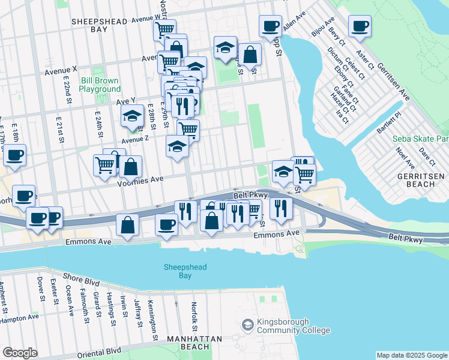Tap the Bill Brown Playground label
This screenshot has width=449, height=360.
100,85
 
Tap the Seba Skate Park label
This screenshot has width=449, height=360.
420,139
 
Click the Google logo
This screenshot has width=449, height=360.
20,353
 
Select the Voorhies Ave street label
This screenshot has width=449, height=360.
142,179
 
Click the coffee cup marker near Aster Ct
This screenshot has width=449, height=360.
360,26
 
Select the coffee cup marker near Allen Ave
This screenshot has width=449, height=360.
270,26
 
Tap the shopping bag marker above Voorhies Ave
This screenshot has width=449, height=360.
131,167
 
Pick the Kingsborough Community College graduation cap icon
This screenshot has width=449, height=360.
247,325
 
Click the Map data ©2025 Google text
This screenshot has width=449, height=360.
412,355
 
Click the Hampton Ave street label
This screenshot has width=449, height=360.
19,319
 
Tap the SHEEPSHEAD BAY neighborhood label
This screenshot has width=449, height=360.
99,25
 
